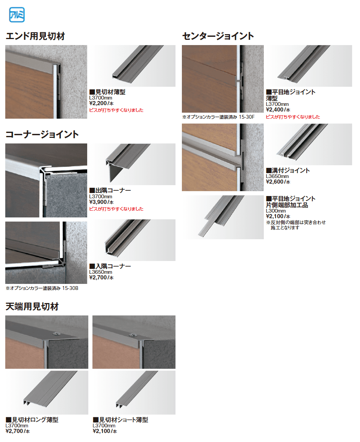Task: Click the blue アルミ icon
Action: click(16, 16)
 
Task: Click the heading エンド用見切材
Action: click(36, 36)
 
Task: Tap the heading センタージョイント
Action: click(218, 36)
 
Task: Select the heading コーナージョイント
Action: click(42, 134)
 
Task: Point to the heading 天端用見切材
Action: click(32, 307)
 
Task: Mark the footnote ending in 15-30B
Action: click(41, 288)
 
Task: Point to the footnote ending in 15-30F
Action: click(218, 117)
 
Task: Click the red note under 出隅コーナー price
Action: click(116, 209)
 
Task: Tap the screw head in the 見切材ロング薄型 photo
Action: click(56, 334)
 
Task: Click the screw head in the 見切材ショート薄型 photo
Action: click(132, 334)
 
